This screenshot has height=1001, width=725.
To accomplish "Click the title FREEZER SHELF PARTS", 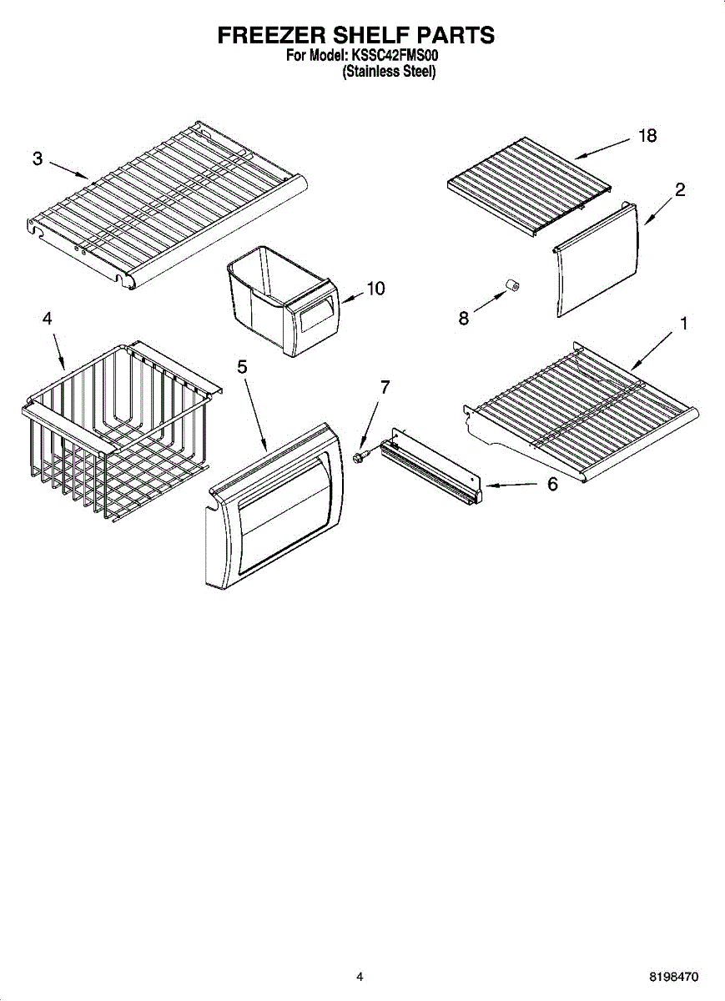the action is (x=356, y=35).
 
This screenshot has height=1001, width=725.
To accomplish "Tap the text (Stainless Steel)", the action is (x=389, y=72).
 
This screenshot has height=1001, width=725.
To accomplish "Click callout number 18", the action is (x=647, y=136).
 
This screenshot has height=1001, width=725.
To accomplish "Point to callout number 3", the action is (x=38, y=159).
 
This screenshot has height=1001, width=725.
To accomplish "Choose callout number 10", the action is (x=375, y=289).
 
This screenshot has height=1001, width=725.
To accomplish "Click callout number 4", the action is (x=48, y=318).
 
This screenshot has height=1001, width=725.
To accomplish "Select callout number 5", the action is (x=243, y=366).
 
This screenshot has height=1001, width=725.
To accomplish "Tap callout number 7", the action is (x=385, y=387).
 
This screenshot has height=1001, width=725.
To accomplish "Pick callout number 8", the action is (x=464, y=318).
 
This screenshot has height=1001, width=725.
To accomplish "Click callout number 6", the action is (x=552, y=485).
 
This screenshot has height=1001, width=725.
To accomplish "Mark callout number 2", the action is (x=680, y=189).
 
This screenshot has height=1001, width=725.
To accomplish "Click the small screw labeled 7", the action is (x=361, y=456).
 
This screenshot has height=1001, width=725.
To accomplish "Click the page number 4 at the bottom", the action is (x=360, y=976).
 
